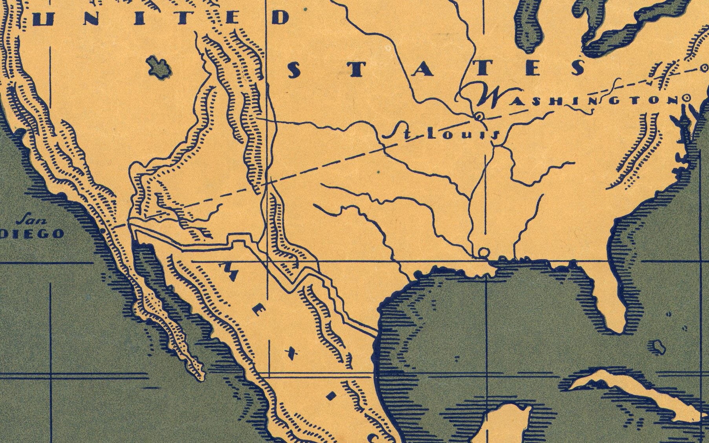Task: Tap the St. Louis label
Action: coord(440,134)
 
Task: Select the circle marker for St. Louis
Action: coord(478,116)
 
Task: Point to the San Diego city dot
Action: coord(103,231)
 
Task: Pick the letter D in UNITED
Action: coord(280,17)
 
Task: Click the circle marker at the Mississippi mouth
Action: coord(484,252)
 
